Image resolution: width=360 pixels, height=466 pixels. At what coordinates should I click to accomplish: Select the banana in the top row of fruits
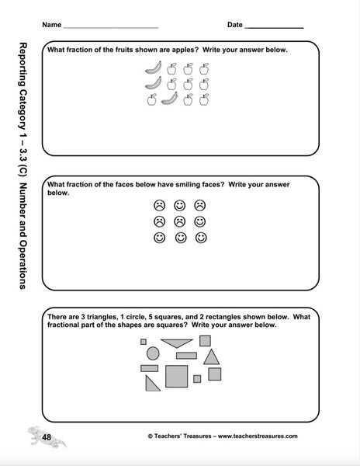tap(152, 68)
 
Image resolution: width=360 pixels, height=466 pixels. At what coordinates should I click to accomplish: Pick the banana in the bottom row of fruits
tap(169, 99)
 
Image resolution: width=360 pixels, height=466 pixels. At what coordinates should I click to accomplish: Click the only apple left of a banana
tap(152, 99)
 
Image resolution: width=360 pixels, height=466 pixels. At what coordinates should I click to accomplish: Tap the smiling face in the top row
tap(179, 206)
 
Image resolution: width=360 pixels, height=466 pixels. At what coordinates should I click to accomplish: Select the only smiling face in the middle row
tap(199, 221)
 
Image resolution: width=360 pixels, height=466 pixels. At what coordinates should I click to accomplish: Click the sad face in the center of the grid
tap(179, 221)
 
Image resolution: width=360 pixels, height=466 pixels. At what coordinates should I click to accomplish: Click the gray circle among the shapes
tap(153, 353)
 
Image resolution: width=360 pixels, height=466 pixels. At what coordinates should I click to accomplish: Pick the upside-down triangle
tap(178, 343)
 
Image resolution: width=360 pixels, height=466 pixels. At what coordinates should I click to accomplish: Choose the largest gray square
tap(176, 375)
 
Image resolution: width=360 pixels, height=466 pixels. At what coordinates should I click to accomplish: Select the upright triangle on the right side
tap(211, 356)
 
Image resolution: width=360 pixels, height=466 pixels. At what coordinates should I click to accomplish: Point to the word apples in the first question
tap(178, 50)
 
